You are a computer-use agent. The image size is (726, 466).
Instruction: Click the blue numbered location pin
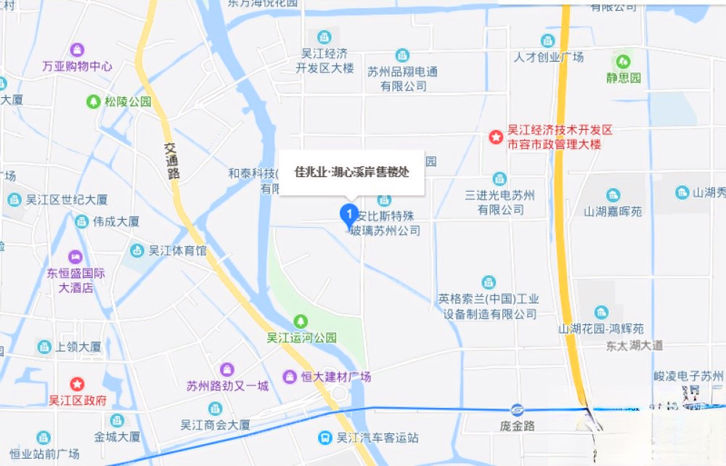point(348,214)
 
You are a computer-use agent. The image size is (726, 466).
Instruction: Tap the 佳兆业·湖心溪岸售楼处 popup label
point(351,173)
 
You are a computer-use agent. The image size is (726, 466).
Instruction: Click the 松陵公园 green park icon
point(93,102)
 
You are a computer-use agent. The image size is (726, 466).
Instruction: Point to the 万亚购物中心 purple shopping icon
point(77,50)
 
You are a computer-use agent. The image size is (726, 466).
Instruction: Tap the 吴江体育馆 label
point(177,251)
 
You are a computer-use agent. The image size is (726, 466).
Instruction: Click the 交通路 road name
point(172,160)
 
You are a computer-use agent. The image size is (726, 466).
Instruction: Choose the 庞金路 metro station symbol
point(516,410)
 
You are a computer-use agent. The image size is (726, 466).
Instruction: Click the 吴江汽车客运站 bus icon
point(326,438)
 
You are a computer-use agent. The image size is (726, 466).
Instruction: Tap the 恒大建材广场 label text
point(336,377)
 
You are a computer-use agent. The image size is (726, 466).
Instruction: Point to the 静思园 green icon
point(622,60)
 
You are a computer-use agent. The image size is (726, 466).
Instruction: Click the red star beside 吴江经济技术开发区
point(496,136)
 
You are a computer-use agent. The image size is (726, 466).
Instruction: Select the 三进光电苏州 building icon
point(499,179)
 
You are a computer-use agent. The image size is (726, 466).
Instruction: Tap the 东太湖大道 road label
point(635,346)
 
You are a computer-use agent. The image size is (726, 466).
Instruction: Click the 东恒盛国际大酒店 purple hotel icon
point(76,257)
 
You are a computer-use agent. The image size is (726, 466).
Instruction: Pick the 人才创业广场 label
point(548,57)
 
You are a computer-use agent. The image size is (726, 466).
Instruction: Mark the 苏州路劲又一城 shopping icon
point(227,369)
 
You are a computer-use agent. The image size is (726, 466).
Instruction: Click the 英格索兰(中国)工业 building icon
point(489,282)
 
